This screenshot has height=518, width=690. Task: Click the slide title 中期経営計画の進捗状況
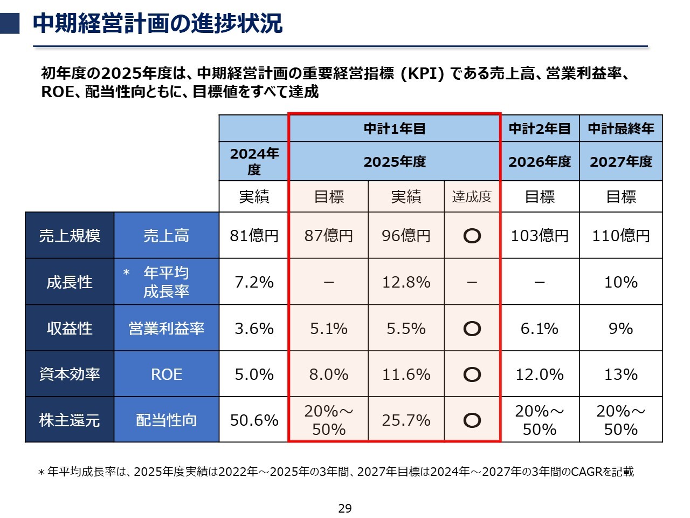(157, 24)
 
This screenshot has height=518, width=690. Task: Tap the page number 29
(345, 508)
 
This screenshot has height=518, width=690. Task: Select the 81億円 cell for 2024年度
(254, 236)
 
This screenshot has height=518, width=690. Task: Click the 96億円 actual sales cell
(406, 236)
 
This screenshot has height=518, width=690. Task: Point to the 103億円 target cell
(540, 236)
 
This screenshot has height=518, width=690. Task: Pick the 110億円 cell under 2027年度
(621, 236)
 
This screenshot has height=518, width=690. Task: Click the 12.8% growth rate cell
(406, 282)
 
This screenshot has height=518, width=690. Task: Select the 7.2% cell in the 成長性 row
(254, 282)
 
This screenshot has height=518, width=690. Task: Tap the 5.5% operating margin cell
(406, 329)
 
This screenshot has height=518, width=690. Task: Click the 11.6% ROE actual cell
(406, 374)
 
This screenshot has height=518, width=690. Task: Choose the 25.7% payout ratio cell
(406, 420)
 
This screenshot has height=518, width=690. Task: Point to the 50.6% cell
(254, 420)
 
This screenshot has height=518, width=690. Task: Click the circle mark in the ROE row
(472, 374)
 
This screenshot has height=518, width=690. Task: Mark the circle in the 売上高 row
(472, 236)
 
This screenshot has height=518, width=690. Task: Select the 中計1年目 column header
(395, 129)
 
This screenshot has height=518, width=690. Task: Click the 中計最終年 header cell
(621, 129)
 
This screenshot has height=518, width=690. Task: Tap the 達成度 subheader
(472, 197)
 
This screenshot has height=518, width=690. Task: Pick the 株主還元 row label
(70, 420)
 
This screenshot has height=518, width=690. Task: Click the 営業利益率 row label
(166, 329)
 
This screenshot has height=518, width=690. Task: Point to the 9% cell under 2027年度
(621, 329)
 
